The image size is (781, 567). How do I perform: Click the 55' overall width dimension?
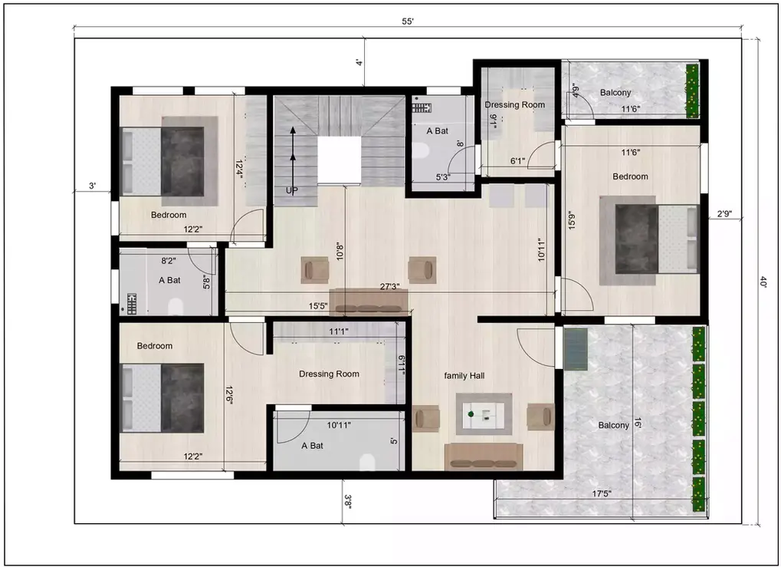407,21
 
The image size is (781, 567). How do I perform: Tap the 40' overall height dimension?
763,282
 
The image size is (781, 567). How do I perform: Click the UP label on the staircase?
292,190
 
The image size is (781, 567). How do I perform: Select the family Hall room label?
464,375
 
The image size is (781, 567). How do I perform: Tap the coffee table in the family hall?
484,414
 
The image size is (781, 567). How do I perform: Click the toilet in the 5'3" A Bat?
420,150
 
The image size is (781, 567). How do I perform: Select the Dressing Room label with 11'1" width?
329,374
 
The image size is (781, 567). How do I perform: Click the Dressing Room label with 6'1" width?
514,104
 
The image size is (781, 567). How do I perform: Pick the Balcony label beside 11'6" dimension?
615,92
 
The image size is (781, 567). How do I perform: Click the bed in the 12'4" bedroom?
172,161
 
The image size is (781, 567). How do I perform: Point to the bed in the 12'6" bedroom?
172,398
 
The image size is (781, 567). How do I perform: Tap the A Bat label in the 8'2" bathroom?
169,280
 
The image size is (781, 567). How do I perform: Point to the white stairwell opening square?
339,160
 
